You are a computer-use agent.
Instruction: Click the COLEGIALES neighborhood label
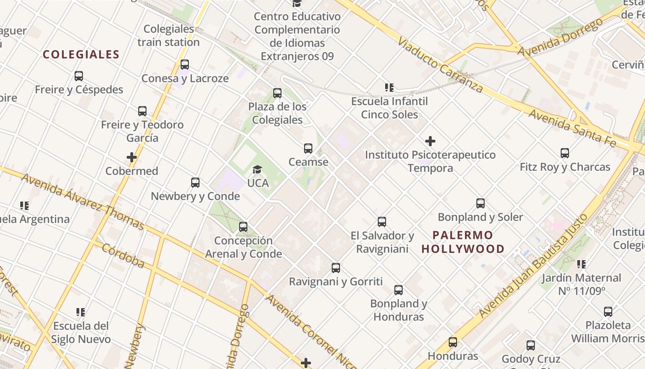click(x=81, y=54)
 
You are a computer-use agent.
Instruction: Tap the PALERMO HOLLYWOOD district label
click(x=463, y=242)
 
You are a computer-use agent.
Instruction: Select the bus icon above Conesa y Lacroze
click(x=185, y=65)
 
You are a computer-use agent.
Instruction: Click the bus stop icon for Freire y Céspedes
click(x=79, y=76)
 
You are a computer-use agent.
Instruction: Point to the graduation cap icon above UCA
click(x=257, y=170)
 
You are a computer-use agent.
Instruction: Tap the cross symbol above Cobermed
click(x=132, y=157)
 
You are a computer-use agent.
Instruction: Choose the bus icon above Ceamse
click(x=308, y=149)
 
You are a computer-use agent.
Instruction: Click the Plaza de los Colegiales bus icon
click(x=277, y=93)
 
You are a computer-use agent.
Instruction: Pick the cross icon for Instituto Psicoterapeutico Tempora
click(x=430, y=141)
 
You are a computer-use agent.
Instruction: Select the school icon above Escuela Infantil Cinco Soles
click(x=389, y=88)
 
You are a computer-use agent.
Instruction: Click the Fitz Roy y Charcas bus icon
click(x=565, y=153)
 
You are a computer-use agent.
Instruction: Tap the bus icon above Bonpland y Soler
click(x=481, y=203)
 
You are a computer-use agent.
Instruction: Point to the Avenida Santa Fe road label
click(x=572, y=128)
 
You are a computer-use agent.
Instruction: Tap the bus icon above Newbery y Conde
click(x=195, y=183)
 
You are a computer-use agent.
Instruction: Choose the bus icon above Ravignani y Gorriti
click(x=336, y=268)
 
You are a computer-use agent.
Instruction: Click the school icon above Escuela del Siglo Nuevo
click(x=81, y=313)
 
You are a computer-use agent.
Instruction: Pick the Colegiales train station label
click(x=169, y=36)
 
